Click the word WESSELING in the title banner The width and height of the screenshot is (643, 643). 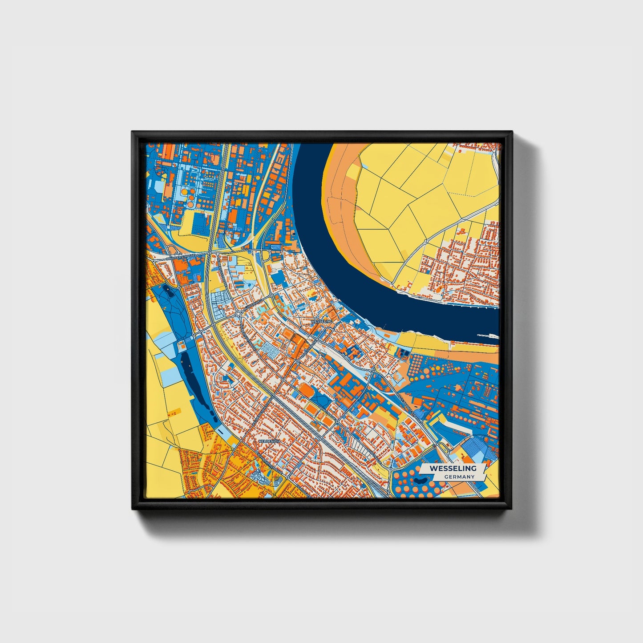[x=453, y=469]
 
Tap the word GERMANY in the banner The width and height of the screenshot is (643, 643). [x=459, y=477]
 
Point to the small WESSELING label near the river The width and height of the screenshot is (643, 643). [x=322, y=321]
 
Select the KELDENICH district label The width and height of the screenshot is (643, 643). [x=268, y=441]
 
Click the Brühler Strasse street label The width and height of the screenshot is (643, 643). [x=180, y=258]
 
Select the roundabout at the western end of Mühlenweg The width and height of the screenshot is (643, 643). [x=238, y=314]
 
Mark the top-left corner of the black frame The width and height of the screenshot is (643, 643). [x=133, y=132]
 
